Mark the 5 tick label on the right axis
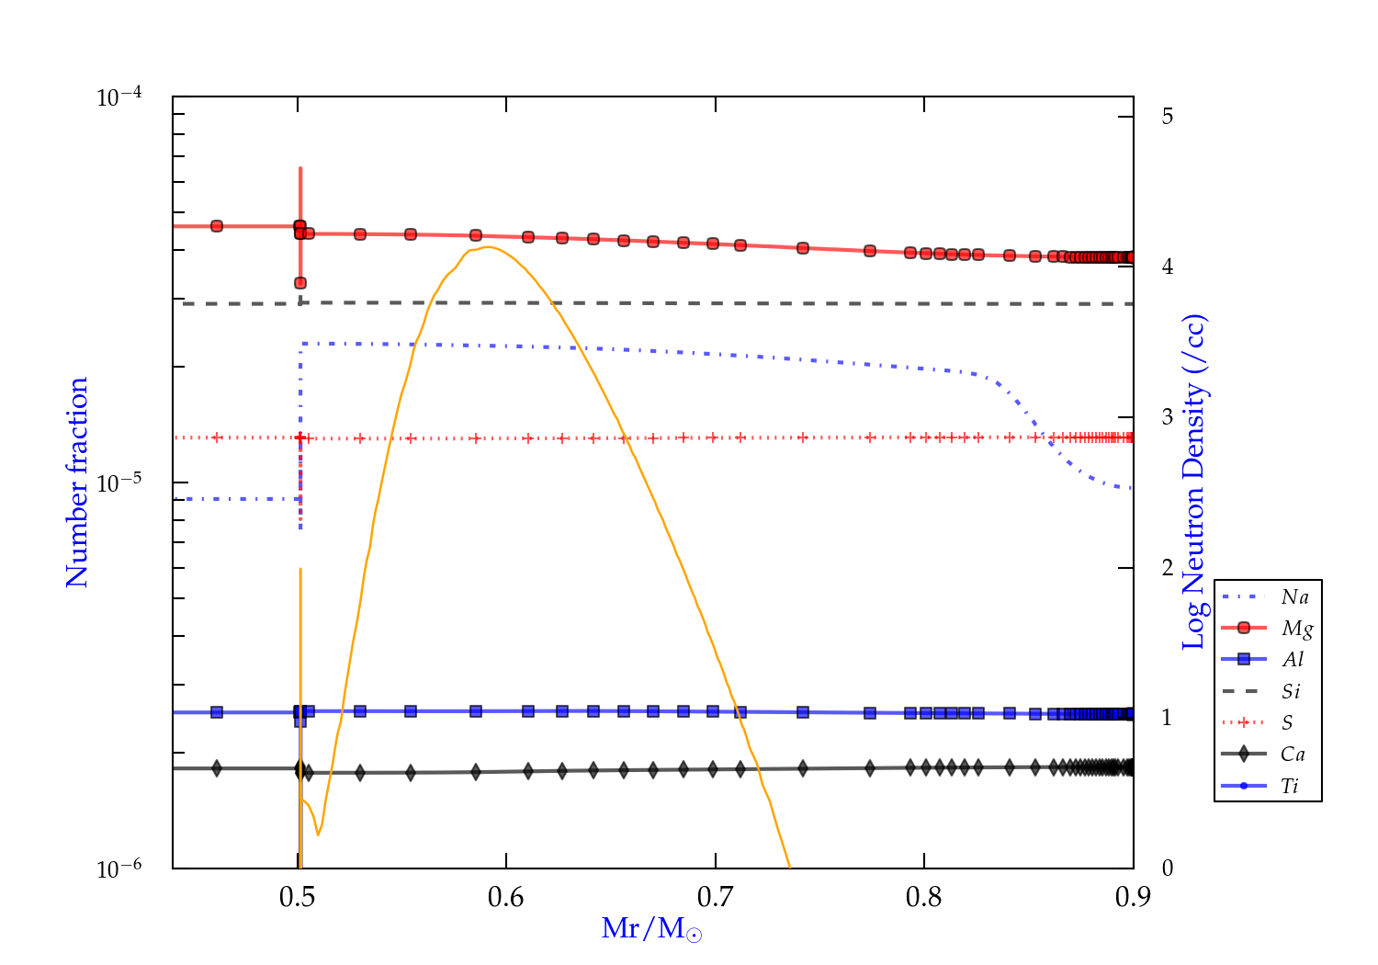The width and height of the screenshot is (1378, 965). click(1168, 117)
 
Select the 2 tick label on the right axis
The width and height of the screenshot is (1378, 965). click(1168, 568)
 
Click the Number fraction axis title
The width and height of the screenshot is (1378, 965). click(77, 482)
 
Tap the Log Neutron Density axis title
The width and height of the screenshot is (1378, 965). click(1194, 482)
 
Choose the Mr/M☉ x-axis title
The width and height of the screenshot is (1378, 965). click(651, 929)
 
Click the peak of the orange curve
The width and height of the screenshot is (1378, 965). click(487, 246)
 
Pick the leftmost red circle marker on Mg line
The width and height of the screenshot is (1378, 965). click(217, 226)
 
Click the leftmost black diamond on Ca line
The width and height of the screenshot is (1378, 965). click(217, 768)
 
